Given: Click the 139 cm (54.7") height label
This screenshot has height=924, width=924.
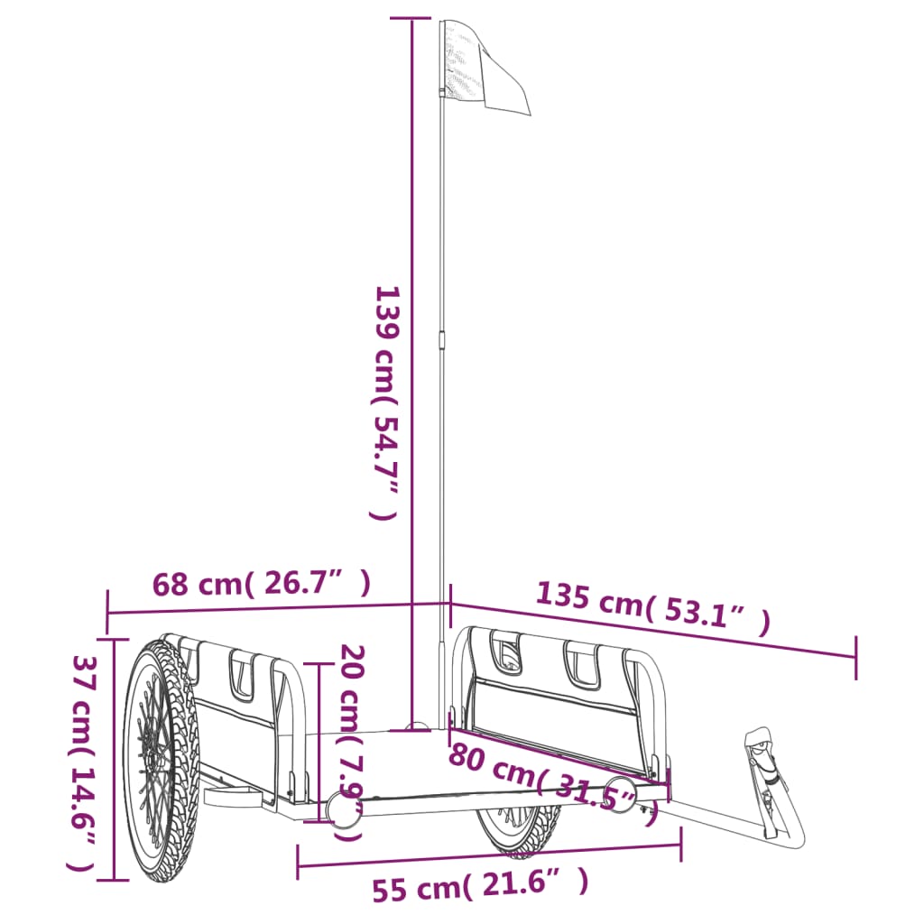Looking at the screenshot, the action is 386,403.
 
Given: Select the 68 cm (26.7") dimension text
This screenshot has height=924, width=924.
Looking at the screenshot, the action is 262,584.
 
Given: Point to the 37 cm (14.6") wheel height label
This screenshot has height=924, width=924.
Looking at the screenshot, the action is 82,763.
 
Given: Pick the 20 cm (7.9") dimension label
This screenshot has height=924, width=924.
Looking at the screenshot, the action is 351,743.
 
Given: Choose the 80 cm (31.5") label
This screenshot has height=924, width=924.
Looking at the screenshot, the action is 553,784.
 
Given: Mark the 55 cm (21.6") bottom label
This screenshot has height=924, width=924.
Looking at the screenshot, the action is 480,884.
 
